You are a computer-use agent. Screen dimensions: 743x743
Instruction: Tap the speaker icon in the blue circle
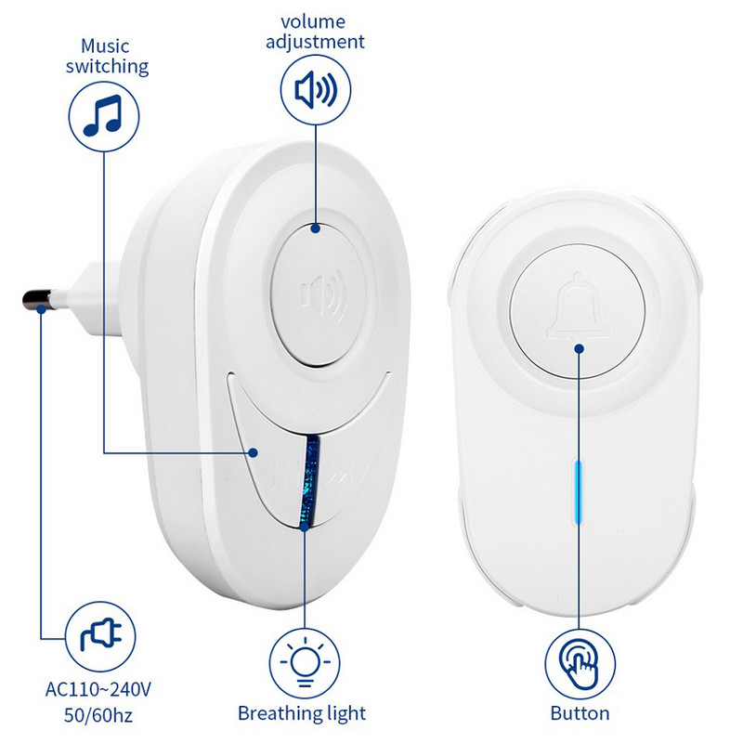tap(316, 90)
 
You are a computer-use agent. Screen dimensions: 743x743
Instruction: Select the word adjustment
tap(316, 42)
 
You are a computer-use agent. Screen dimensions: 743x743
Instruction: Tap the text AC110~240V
tap(98, 690)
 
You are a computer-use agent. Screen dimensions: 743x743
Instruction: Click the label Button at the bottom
tap(579, 713)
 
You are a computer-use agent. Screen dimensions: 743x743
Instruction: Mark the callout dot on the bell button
tap(580, 348)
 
